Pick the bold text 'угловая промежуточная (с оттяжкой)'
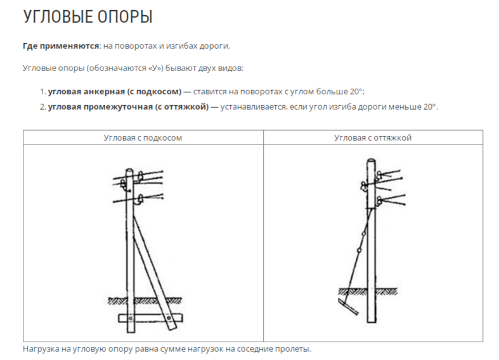(128, 106)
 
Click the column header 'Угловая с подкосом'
(143, 138)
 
